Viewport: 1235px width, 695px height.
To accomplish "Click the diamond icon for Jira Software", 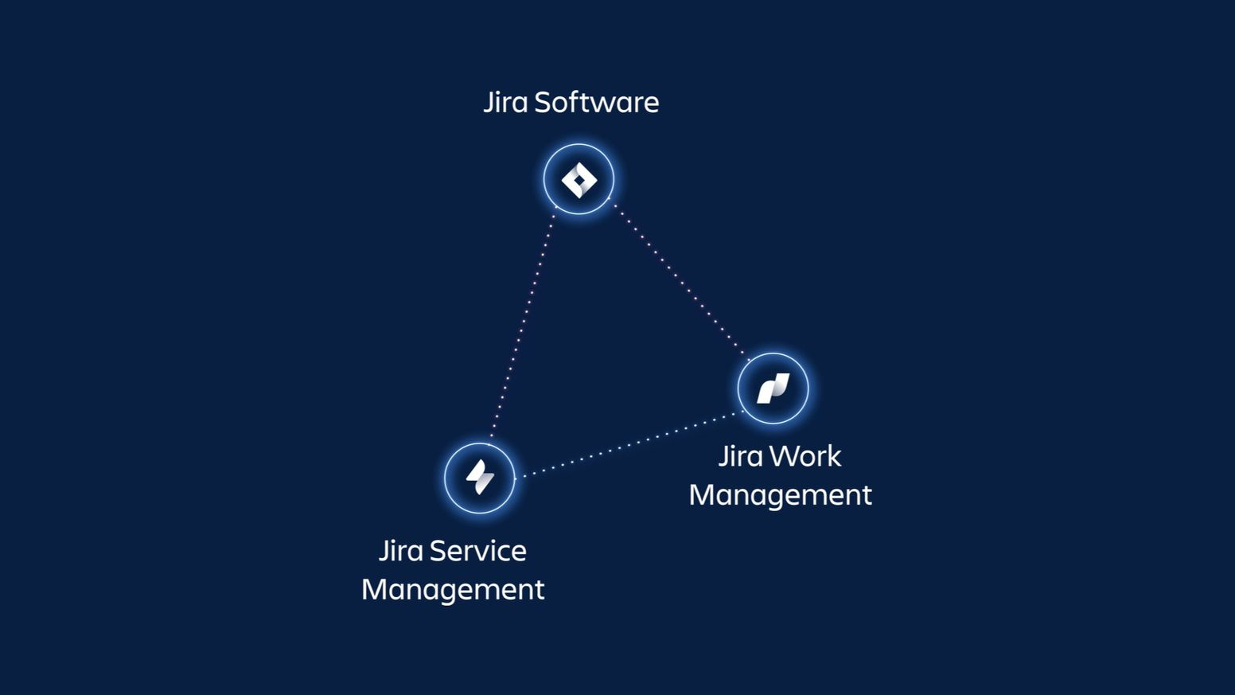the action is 579,180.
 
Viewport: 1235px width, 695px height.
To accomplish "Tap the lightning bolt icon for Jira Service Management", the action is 480,477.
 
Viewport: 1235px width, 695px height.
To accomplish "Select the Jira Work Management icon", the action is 773,388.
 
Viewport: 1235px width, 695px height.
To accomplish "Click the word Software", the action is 597,103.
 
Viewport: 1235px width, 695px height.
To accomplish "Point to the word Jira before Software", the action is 505,103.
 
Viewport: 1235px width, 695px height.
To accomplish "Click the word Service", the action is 478,551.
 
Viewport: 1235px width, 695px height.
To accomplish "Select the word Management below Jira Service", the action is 454,590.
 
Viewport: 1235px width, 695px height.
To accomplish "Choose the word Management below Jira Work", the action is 780,495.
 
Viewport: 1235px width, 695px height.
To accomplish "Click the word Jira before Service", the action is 401,551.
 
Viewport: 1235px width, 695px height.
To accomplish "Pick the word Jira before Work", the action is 741,457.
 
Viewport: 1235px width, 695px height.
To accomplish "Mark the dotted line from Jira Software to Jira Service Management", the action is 523,323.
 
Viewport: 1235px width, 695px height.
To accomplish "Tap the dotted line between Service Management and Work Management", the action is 629,444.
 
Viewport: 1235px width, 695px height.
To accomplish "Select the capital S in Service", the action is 438,551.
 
